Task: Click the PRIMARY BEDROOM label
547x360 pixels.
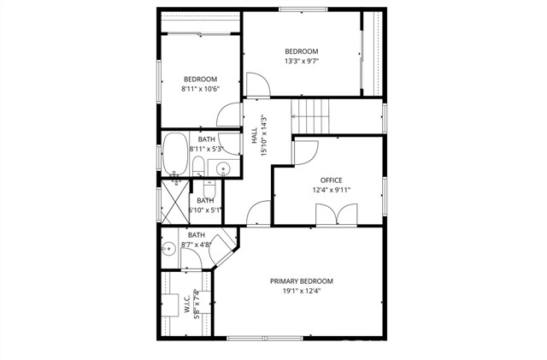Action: [302, 281]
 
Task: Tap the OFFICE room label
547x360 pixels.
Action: [331, 180]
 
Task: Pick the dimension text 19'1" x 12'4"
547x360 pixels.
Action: [302, 291]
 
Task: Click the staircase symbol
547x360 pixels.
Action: [311, 114]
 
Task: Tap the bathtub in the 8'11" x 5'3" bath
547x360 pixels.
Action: [176, 155]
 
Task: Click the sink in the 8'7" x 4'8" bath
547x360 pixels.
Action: [169, 250]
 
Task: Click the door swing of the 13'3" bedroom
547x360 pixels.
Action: [257, 83]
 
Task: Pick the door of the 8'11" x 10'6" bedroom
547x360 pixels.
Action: [229, 115]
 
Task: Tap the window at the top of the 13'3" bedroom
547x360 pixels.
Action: [303, 10]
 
